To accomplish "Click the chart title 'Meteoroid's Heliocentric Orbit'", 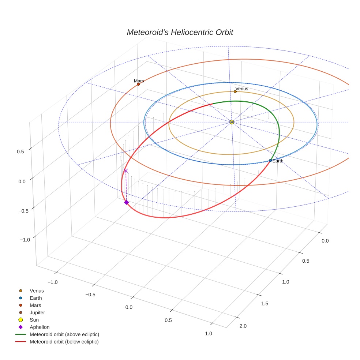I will click(x=180, y=32).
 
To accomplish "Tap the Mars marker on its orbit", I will click(x=138, y=84).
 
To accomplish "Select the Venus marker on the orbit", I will click(x=235, y=91).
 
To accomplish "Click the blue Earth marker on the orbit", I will click(x=270, y=161).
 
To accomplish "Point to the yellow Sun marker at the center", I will click(x=232, y=122).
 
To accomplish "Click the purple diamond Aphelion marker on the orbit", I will click(x=126, y=202).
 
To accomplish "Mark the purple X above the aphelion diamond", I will click(x=126, y=170).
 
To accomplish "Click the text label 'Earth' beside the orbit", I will click(x=278, y=161).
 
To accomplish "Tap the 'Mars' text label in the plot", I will click(x=139, y=81).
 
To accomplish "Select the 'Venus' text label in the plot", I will click(x=242, y=89).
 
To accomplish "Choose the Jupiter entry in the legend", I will click(x=37, y=312).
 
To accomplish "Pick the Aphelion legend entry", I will click(x=40, y=327).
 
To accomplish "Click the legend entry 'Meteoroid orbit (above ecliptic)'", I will click(x=64, y=334).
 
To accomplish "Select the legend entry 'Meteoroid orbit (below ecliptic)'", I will click(x=64, y=342).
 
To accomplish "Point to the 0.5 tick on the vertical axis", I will click(x=21, y=151).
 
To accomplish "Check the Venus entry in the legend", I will click(x=37, y=290).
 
